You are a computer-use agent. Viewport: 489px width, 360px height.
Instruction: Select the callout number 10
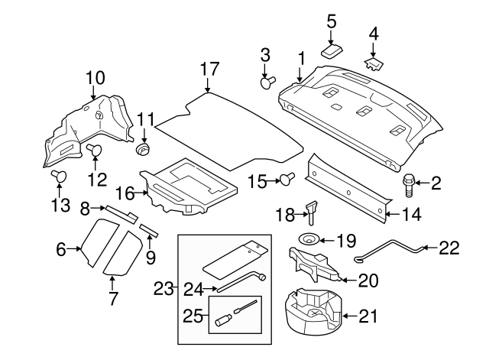click(95, 77)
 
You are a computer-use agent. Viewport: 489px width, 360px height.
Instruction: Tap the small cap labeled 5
click(330, 50)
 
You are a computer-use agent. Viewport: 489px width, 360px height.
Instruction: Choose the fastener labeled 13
click(59, 178)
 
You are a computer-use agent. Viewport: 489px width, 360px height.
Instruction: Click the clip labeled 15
click(287, 180)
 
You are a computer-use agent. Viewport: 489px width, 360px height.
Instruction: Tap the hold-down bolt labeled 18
click(312, 209)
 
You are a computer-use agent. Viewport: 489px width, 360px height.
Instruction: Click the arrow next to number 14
click(392, 214)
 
